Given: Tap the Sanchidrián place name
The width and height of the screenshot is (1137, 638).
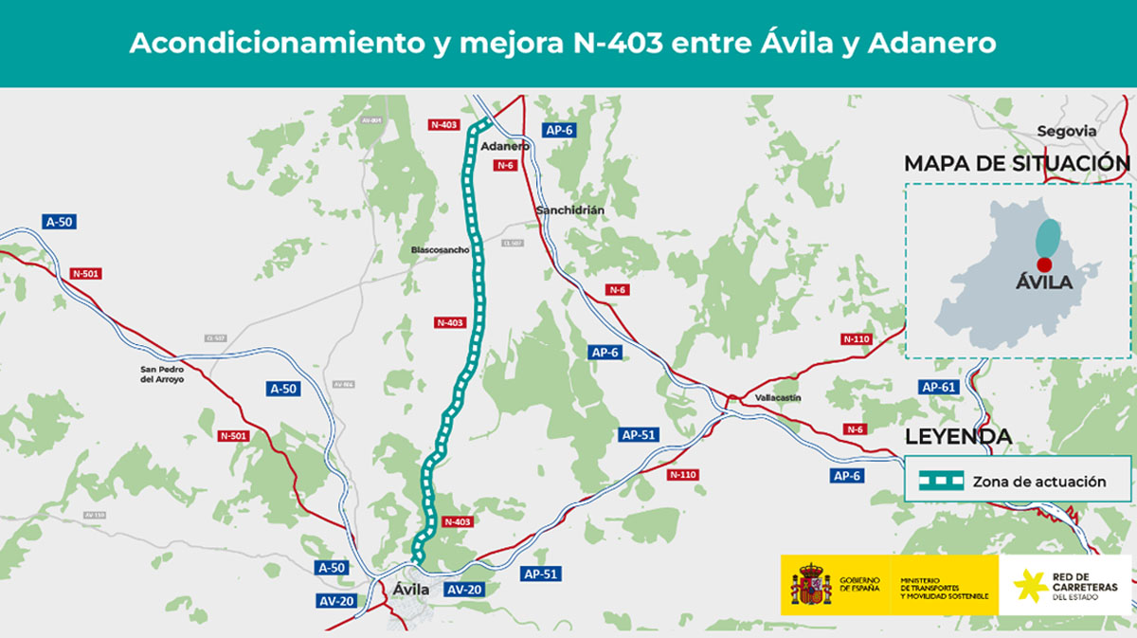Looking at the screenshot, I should [x=569, y=210].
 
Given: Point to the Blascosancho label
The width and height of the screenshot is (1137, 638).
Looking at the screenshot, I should [x=440, y=250].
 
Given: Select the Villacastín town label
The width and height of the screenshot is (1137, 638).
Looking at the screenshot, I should [x=779, y=397].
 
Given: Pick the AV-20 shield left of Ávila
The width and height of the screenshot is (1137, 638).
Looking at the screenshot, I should [x=336, y=601].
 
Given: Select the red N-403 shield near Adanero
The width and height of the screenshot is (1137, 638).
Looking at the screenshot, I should [x=443, y=124].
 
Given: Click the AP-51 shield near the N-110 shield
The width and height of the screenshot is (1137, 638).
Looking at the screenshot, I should [x=639, y=435].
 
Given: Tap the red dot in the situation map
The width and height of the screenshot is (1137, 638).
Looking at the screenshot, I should [x=1044, y=264].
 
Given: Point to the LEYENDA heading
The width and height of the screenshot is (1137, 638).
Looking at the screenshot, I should [x=958, y=437].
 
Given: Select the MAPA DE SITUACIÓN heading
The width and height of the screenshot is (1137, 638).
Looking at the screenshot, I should [x=1017, y=163].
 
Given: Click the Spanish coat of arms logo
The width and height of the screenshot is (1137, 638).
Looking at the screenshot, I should [x=812, y=585].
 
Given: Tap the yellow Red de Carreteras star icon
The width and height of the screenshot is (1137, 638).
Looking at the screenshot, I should [x=1030, y=586].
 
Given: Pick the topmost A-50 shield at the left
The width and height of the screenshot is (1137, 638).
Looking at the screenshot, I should [x=59, y=222].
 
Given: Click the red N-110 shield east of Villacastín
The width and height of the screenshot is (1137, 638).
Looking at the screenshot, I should [x=856, y=338].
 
